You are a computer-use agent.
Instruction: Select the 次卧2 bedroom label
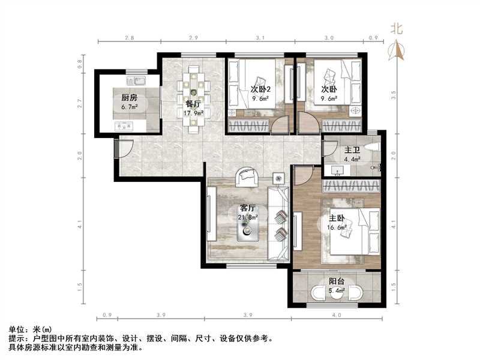(260, 89)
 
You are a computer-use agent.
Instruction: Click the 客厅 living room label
(247, 208)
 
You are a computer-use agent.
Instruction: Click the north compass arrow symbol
(396, 51)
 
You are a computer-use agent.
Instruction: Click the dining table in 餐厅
(194, 99)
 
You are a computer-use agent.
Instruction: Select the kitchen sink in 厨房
(135, 80)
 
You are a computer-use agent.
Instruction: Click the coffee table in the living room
(247, 229)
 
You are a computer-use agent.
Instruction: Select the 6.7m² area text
(130, 108)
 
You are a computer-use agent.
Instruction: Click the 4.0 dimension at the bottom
(336, 315)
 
